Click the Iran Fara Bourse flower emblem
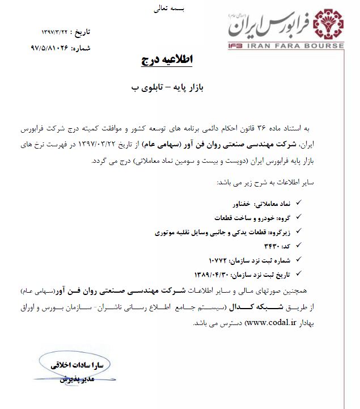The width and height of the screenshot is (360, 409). (329, 24)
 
